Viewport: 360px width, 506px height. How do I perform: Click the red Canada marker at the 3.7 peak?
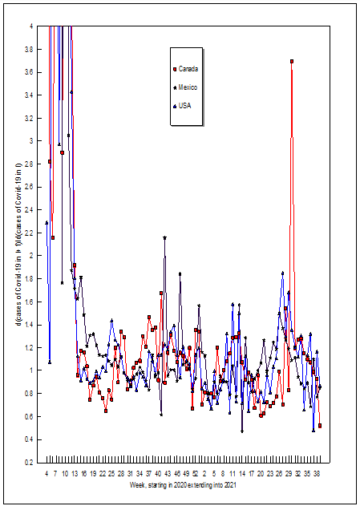292,61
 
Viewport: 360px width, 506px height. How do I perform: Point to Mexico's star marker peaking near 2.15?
164,238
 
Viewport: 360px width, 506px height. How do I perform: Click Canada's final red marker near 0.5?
320,426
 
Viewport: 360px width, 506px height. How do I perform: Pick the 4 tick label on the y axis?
31,26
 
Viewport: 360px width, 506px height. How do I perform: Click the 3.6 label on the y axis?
30,72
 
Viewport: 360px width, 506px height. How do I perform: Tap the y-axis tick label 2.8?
30,164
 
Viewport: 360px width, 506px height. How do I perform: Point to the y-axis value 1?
31,370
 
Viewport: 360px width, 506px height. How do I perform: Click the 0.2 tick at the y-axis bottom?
30,463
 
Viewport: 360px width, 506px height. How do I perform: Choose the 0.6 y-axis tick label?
30,417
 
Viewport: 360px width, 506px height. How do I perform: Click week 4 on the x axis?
47,474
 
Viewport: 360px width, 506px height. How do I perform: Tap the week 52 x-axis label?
195,474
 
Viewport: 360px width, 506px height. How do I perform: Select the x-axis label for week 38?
317,474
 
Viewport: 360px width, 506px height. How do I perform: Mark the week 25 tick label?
111,474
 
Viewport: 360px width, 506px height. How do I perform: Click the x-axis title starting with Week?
183,485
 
